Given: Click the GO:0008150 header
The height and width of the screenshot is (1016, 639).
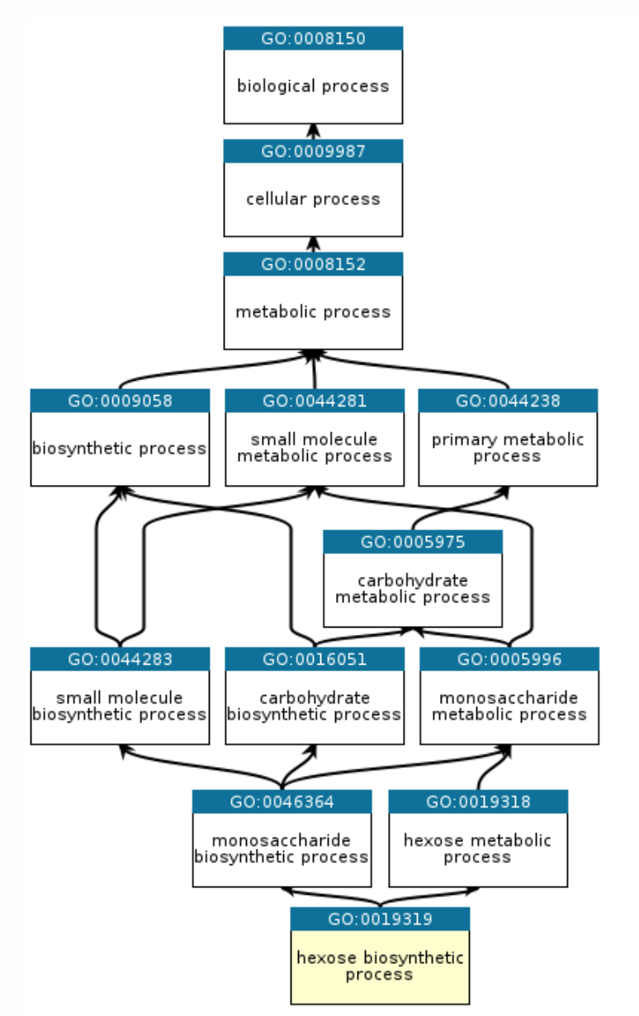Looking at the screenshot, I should point(313,38).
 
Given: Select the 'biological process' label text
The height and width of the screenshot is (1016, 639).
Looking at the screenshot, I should point(313,86).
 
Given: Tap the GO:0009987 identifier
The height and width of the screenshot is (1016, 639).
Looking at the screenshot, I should point(313,151).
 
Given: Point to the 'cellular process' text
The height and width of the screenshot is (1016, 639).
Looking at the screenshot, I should point(313,199).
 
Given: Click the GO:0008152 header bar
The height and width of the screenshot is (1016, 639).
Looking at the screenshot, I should point(313,264).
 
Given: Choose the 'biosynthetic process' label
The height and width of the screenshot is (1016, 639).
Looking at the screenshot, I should point(120,449).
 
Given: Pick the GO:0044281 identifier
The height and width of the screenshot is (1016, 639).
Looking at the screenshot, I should point(315,401).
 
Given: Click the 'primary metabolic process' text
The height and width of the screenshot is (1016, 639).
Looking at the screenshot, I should point(507,448).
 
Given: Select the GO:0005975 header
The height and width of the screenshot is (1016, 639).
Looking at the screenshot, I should point(412,542).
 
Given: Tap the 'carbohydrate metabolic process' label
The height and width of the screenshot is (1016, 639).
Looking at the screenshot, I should point(412,589).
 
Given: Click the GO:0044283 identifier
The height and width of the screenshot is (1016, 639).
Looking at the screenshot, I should point(120,659).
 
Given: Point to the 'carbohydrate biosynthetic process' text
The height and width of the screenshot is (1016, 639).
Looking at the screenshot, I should point(315,706).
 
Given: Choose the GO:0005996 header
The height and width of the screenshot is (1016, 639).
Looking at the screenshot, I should point(509,659).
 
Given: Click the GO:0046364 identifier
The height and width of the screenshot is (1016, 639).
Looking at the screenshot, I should point(282,802).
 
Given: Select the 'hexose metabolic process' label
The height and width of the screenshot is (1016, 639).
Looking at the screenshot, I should point(477,849).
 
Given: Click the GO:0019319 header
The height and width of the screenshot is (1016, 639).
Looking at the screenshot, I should point(380,919).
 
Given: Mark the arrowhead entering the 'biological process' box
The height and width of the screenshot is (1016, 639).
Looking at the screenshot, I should point(313,129).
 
